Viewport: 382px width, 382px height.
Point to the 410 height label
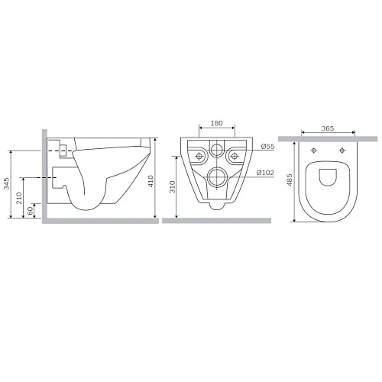click(151, 180)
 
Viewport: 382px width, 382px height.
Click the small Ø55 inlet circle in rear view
click(216, 151)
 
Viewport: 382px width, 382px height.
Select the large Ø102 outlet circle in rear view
click(216, 177)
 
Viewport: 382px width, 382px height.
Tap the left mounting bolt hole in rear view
click(198, 156)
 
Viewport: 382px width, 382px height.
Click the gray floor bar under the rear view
click(216, 222)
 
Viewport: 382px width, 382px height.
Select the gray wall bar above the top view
click(329, 139)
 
